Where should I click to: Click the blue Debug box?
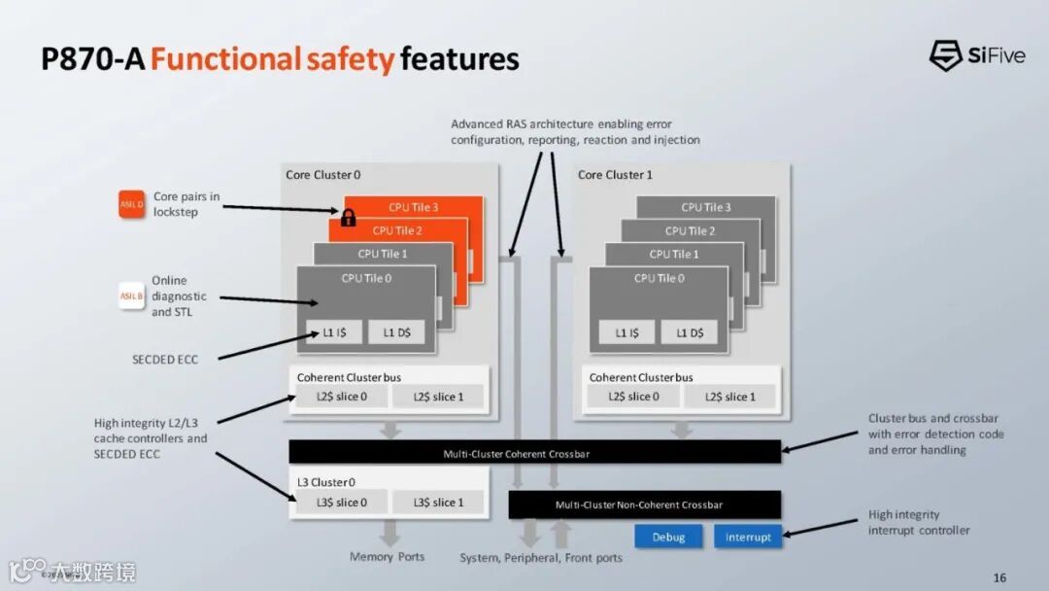click(x=668, y=537)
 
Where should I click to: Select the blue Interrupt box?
click(x=748, y=537)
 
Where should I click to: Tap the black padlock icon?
click(x=348, y=217)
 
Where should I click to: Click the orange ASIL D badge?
click(x=132, y=204)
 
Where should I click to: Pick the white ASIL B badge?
click(x=132, y=295)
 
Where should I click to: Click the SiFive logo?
click(x=977, y=55)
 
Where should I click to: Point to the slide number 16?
click(x=999, y=577)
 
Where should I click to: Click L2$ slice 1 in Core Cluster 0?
click(x=438, y=397)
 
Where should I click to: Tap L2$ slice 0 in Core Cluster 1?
click(x=632, y=397)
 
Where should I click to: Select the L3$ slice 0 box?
click(x=341, y=503)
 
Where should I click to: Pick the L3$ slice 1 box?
click(x=438, y=503)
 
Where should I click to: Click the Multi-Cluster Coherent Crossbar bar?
click(x=534, y=453)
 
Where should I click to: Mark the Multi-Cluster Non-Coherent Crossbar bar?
click(x=645, y=504)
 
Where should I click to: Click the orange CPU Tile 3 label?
click(x=413, y=207)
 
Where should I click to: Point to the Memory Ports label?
click(x=387, y=557)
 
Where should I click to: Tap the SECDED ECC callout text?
click(x=165, y=360)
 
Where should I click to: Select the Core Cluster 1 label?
click(x=615, y=175)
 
